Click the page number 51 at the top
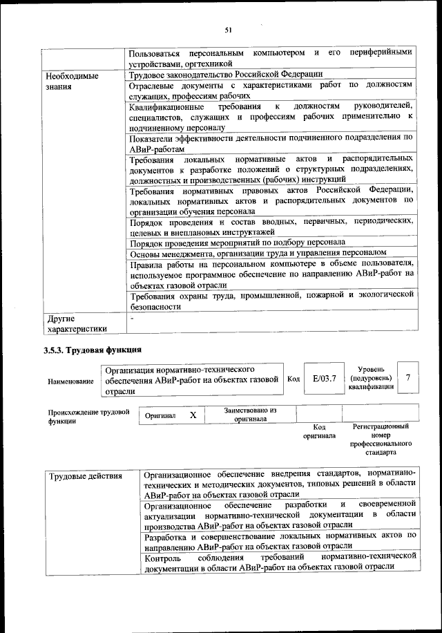228,29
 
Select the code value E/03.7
324,378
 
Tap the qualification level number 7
409,377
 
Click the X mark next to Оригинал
193,415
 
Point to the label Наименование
71,381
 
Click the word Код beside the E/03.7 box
293,379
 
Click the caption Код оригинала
319,432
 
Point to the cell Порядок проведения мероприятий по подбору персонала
238,243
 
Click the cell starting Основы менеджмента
258,253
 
